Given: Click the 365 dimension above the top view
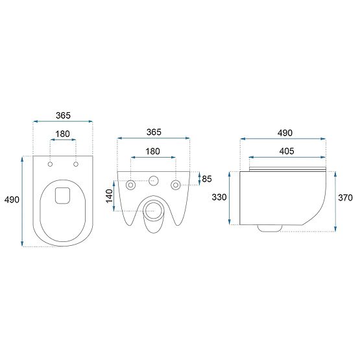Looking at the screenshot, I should coord(62,115).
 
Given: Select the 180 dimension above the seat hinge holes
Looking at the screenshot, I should coord(62,134).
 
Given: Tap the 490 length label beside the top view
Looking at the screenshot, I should coord(12,201).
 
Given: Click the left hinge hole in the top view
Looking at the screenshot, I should coord(50,164).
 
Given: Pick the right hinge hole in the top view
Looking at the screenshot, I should coord(76,164).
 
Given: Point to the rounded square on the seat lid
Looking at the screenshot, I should coord(63,195).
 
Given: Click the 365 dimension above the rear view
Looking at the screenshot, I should coord(153,132).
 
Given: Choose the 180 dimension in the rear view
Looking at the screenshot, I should coord(153,151).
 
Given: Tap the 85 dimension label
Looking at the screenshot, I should coord(207,178).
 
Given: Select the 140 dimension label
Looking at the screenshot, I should coord(110,195).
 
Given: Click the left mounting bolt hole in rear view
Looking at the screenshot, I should coord(132,185).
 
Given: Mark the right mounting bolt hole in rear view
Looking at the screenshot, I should coord(174,185).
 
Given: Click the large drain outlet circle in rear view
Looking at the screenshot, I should coord(153,210).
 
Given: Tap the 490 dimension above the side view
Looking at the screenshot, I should coord(285,132).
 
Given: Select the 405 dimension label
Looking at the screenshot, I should coord(286,151).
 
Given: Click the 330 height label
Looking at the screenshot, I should coord(219,197).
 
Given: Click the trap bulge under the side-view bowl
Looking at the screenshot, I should coord(269,228).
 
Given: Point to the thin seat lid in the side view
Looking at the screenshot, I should coord(286,169).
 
